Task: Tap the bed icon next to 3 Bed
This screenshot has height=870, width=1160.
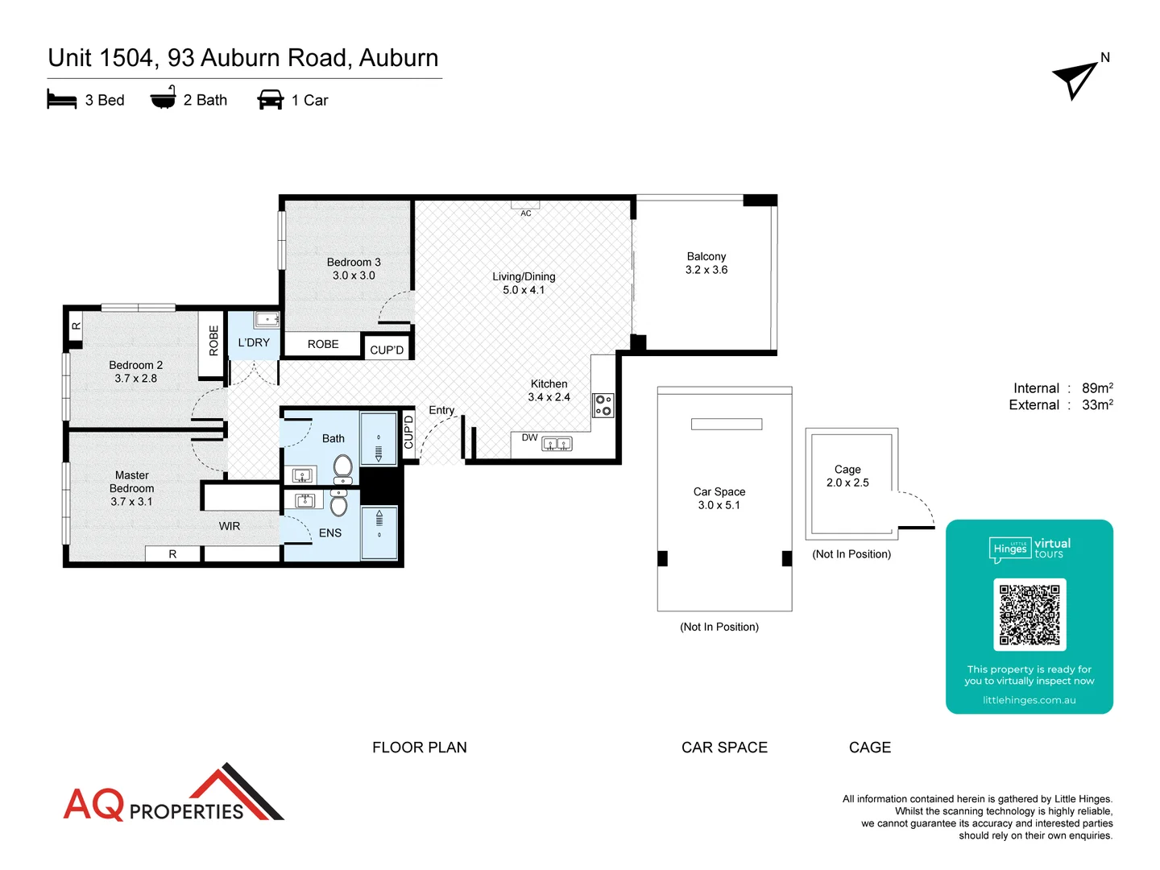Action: coord(62,100)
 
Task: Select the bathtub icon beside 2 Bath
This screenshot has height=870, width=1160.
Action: coord(163,98)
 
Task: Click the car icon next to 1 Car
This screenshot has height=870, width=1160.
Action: coord(270,100)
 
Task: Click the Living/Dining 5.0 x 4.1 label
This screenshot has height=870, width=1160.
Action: coord(524,283)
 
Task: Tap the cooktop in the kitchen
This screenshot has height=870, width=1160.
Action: coord(603,405)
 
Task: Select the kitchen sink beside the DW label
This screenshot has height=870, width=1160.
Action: coord(557,444)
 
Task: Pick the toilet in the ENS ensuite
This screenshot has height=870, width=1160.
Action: coord(339,504)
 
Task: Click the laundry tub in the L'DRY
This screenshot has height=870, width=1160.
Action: coord(267,320)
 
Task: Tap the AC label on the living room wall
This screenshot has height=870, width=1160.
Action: coord(526,213)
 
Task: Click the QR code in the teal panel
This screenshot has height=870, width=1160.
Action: coord(1029,615)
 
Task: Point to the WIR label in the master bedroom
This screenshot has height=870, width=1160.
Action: coord(230,526)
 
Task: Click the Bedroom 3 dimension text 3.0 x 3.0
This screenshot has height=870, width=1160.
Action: coord(354,275)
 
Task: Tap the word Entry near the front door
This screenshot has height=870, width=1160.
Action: coord(441,410)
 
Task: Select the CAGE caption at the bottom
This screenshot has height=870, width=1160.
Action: coord(870,748)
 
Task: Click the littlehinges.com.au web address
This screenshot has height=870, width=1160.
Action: coord(1029,700)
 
